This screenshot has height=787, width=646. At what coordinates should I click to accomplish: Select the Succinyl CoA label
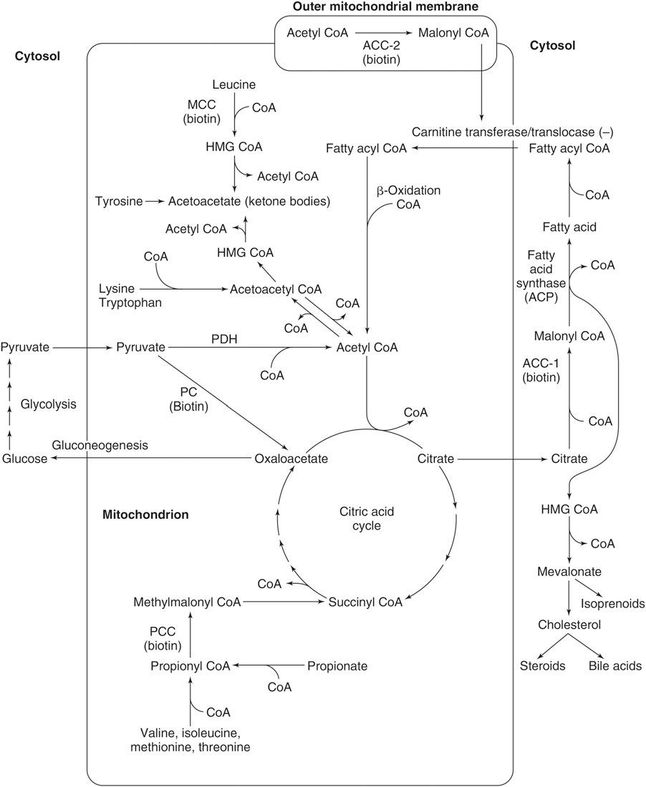click(365, 602)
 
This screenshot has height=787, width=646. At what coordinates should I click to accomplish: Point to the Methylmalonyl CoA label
click(187, 602)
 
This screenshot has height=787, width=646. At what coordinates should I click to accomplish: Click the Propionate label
click(337, 666)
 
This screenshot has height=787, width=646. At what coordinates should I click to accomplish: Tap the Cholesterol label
click(569, 625)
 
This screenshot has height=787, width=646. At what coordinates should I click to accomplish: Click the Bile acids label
click(614, 666)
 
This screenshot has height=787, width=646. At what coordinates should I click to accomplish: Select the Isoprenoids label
click(612, 603)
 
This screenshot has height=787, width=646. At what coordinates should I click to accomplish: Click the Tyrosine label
click(118, 202)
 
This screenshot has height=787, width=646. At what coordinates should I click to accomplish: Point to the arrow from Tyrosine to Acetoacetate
click(155, 202)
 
